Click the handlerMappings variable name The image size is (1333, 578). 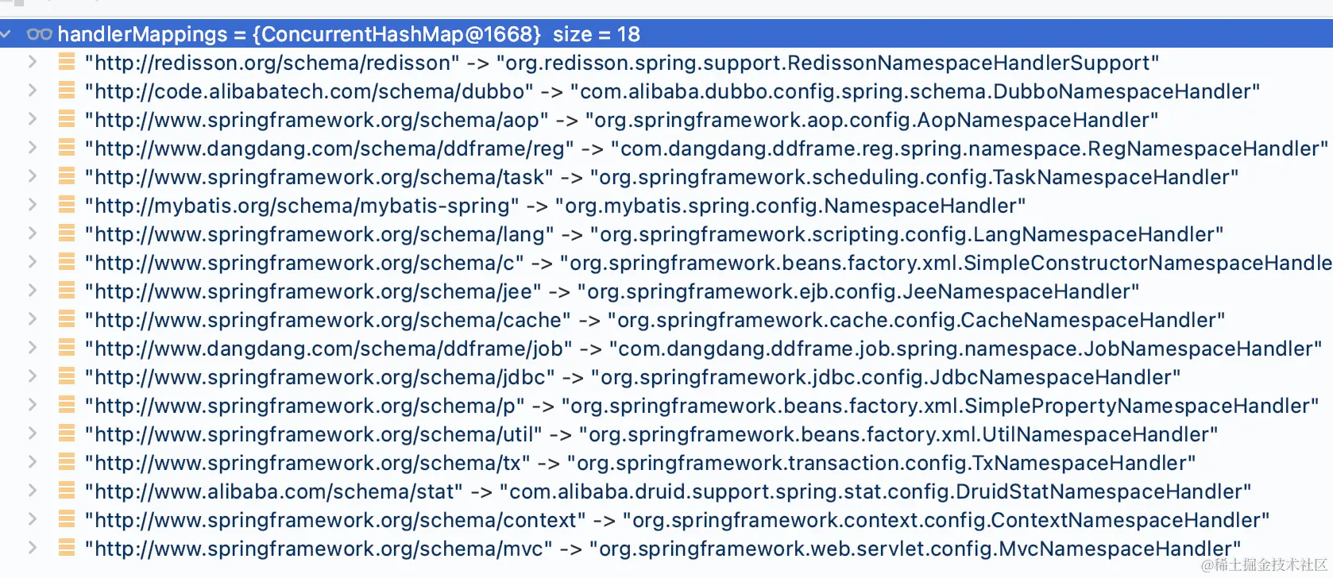[x=142, y=34]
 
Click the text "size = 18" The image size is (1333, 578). [x=596, y=34]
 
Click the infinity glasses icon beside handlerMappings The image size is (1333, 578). [x=39, y=34]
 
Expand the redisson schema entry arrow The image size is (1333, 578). [x=32, y=62]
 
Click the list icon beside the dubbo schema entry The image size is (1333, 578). [x=67, y=91]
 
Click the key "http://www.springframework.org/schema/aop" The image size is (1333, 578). [x=317, y=120]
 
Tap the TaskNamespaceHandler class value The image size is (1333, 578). [x=914, y=177]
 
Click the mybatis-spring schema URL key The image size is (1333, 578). [x=302, y=206]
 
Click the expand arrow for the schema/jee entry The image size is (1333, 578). [x=32, y=291]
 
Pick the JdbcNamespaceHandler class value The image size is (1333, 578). [x=886, y=377]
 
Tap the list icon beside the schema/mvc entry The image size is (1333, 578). [x=67, y=548]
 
